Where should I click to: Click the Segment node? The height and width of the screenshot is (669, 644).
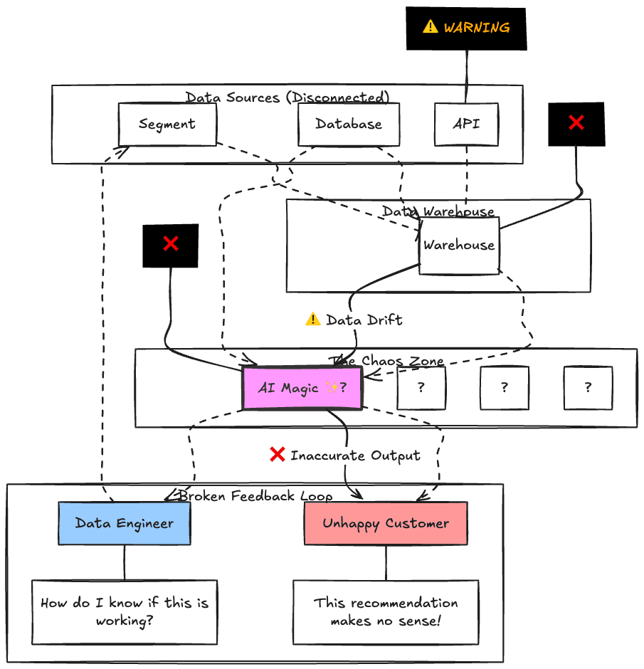click(167, 125)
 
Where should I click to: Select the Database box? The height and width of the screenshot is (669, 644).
click(349, 125)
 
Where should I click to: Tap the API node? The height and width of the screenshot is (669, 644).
click(466, 125)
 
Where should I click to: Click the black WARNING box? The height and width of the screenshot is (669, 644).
click(466, 28)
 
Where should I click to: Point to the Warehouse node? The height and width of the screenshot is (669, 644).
click(459, 246)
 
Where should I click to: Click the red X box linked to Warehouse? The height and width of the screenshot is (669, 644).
click(576, 124)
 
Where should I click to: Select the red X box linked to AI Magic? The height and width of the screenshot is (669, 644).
click(171, 246)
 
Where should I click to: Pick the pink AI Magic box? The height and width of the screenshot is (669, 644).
click(302, 388)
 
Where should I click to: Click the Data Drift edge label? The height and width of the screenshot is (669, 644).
click(364, 320)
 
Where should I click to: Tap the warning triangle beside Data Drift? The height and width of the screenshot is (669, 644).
click(312, 320)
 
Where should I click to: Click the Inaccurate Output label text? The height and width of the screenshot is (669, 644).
click(355, 455)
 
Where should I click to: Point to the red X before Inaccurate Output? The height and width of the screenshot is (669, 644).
click(278, 455)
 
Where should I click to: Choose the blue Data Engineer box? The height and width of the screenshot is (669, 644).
click(125, 524)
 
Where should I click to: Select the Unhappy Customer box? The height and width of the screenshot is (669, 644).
click(386, 524)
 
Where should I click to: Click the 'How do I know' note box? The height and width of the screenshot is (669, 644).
click(125, 612)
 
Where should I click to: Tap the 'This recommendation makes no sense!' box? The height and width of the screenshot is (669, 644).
click(386, 612)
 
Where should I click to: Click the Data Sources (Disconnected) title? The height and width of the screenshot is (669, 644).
click(287, 98)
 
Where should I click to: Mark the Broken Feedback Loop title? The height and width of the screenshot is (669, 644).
click(255, 496)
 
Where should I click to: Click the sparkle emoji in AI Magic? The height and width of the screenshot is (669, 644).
click(332, 388)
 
